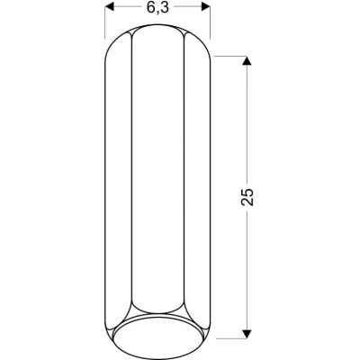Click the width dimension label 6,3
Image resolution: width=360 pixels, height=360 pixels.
[157, 8]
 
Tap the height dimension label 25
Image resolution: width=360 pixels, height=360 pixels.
[249, 197]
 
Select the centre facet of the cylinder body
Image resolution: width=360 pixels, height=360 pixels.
[157, 180]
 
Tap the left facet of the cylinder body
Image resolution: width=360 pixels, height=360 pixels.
[119, 180]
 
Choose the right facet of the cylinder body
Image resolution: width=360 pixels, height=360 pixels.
[197, 180]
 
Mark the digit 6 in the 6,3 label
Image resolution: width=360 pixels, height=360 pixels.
[148, 8]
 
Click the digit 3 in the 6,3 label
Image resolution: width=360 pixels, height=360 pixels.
[166, 8]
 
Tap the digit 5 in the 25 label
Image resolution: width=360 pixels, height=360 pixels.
[249, 192]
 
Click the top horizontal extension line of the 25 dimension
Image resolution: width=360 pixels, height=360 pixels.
[229, 57]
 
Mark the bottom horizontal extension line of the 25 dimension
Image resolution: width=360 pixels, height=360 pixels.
[229, 338]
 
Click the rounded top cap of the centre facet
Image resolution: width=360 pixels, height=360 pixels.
[157, 34]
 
